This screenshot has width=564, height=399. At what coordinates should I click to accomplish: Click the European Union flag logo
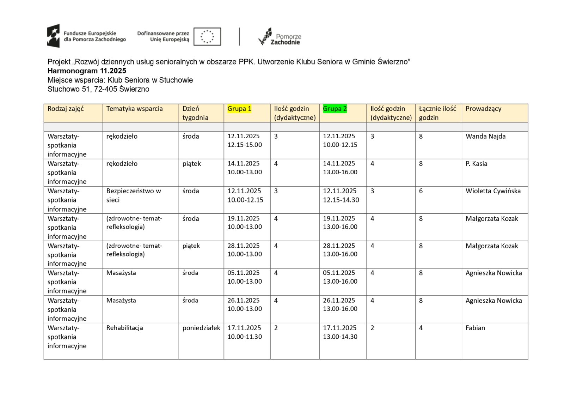(x=207, y=36)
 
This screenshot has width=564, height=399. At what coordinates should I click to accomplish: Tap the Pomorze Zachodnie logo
(x=280, y=37)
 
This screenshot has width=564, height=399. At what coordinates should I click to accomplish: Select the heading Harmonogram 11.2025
(x=87, y=71)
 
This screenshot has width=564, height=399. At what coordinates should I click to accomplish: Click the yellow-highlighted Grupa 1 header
(x=239, y=109)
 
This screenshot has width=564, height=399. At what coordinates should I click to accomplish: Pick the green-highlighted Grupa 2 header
(x=335, y=109)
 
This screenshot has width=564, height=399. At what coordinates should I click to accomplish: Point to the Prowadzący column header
(x=483, y=109)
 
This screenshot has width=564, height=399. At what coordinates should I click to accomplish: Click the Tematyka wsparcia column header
(x=135, y=109)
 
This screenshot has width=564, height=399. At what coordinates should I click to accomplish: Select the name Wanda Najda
(x=485, y=136)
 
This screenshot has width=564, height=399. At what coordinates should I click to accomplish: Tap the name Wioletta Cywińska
(x=493, y=191)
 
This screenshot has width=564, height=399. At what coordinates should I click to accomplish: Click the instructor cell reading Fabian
(x=475, y=328)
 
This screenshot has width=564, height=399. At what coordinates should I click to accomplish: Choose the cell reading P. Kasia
(x=476, y=164)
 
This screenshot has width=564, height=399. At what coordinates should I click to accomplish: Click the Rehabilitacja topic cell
(x=125, y=328)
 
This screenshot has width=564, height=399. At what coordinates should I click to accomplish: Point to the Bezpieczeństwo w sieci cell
(x=134, y=195)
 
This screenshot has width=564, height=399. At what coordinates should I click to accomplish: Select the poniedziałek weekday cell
(x=201, y=328)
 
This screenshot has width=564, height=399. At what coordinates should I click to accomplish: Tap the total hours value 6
(x=421, y=191)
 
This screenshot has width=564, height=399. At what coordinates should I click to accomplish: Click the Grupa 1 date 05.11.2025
(x=244, y=273)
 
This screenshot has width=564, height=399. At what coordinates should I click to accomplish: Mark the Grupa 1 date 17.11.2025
(x=244, y=328)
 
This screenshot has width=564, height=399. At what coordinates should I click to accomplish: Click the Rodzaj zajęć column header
(x=66, y=109)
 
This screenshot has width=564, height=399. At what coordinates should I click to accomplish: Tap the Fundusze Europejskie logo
(x=87, y=36)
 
